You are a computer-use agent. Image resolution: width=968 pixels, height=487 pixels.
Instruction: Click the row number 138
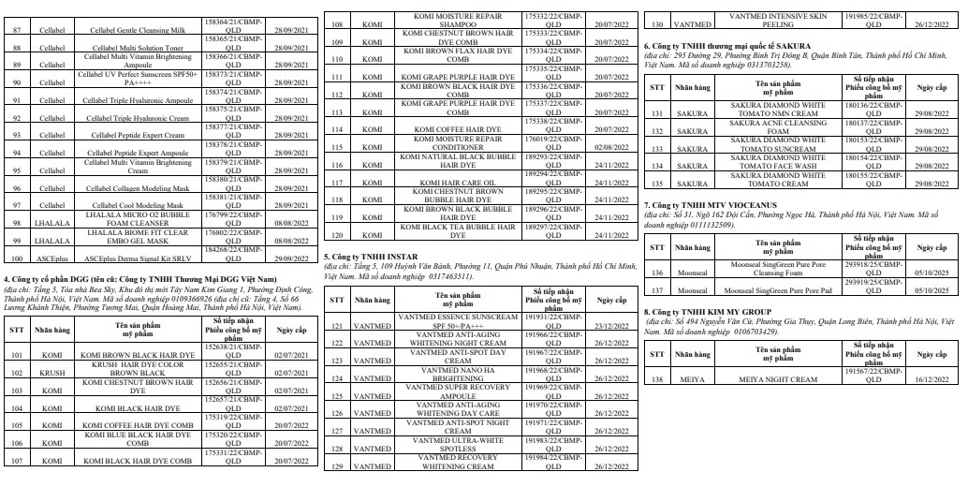[x=658, y=379]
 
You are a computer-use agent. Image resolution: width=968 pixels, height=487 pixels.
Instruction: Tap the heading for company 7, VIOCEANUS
[x=711, y=204]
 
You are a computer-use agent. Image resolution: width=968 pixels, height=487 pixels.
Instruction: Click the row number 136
[x=658, y=273]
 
